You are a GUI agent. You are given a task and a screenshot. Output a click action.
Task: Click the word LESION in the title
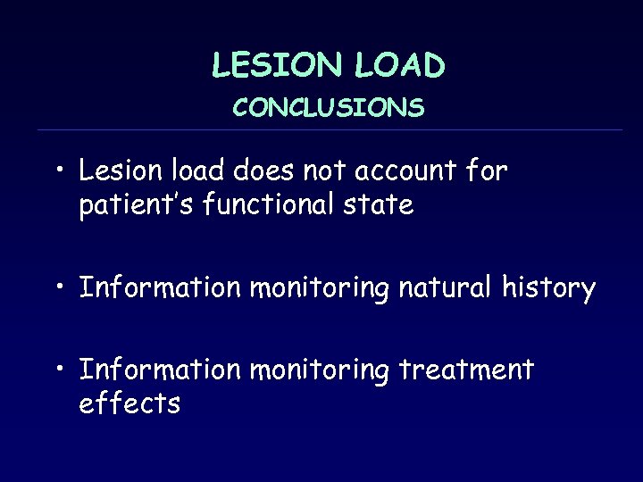pyautogui.click(x=271, y=65)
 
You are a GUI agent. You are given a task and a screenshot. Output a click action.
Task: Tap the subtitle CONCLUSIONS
pyautogui.click(x=329, y=108)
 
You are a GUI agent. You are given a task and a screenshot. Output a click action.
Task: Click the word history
pyautogui.click(x=550, y=287)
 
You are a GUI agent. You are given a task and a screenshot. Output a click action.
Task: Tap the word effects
pyautogui.click(x=129, y=403)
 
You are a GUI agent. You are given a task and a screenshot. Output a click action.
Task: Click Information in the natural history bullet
pyautogui.click(x=160, y=287)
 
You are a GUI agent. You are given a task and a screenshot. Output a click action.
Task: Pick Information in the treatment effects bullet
pyautogui.click(x=160, y=369)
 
